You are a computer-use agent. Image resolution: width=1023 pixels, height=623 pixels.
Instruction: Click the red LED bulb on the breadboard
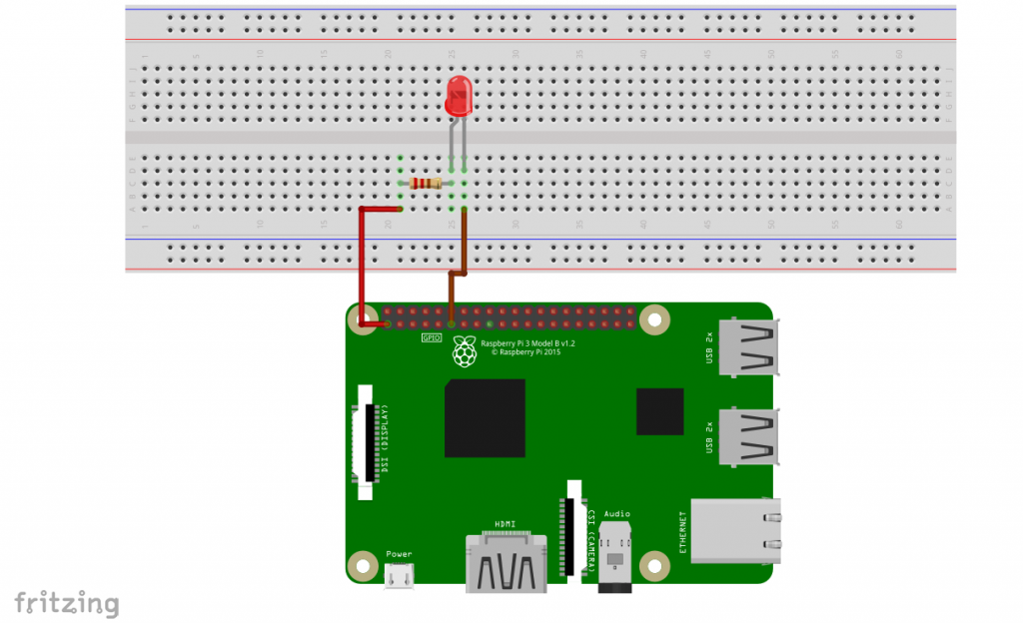click(459, 96)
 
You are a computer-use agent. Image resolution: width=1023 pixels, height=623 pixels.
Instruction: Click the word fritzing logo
click(66, 602)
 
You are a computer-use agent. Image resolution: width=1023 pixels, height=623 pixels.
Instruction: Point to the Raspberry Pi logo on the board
click(463, 350)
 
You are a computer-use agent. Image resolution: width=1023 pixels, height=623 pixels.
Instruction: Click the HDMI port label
click(505, 523)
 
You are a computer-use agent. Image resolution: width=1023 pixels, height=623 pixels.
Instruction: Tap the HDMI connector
click(505, 564)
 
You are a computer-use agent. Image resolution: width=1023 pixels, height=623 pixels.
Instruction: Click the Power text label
click(399, 554)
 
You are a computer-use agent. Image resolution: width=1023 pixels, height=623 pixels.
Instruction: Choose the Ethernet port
click(734, 528)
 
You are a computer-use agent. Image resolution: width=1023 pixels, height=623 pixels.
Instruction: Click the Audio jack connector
click(616, 558)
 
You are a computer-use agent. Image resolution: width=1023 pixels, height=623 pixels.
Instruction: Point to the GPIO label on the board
click(431, 338)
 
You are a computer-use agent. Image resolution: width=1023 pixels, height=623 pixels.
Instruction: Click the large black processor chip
click(486, 417)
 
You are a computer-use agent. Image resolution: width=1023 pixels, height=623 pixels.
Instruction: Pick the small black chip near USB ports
click(659, 412)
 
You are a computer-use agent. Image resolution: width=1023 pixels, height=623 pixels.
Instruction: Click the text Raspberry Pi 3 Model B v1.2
click(527, 342)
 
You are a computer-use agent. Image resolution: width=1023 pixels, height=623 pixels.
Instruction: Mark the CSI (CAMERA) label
click(591, 539)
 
